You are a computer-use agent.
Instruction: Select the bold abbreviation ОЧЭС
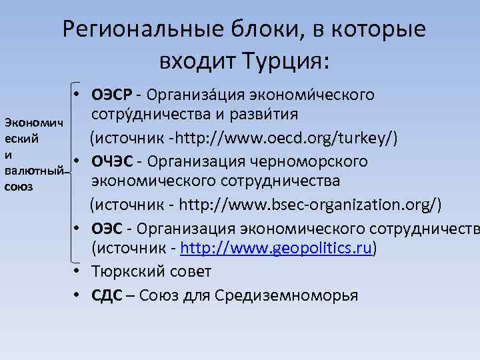coord(115,161)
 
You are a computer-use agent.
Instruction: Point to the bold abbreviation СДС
coord(107,295)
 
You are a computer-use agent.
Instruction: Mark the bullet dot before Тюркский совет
coord(78,272)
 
